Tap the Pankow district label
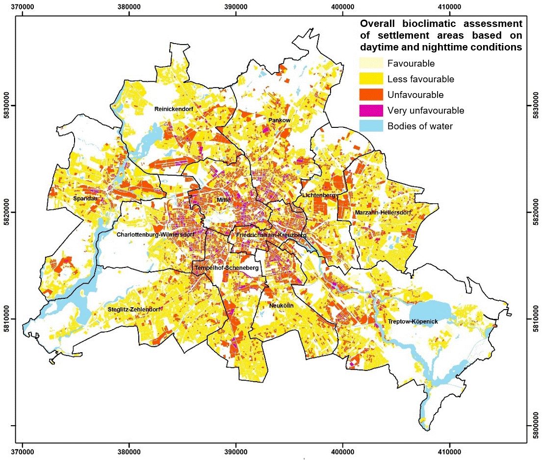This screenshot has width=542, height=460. click(280, 120)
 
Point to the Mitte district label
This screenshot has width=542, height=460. click(223, 200)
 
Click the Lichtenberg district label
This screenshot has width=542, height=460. click(319, 195)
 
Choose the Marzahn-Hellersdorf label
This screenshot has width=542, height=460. click(382, 213)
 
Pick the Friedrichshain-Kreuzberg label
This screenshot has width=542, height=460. click(271, 236)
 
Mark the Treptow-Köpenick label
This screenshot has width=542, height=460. click(412, 321)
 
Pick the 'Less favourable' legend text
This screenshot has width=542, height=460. click(420, 79)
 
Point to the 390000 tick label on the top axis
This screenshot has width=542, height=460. click(235, 8)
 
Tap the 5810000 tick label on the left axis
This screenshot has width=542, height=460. click(8, 319)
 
